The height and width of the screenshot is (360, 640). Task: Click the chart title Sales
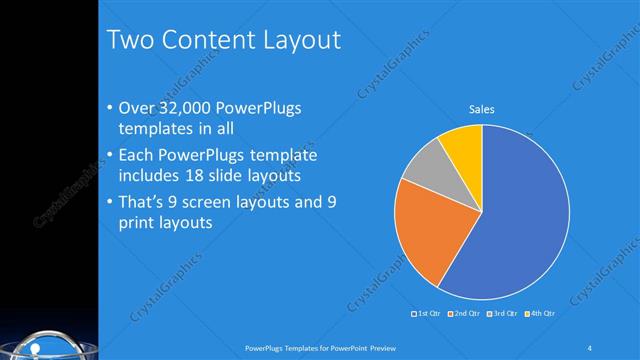pos(482,109)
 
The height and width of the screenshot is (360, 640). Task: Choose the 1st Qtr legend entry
pos(427,314)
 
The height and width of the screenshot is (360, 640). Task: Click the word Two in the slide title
pos(129,41)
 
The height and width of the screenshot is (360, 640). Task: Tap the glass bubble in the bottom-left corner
pos(40,346)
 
